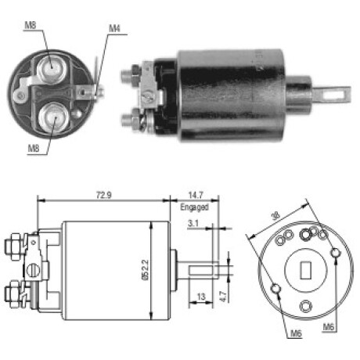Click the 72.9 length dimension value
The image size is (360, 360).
(104, 195)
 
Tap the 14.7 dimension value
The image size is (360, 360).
(196, 195)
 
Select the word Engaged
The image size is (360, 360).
(195, 207)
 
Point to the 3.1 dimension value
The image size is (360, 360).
(193, 223)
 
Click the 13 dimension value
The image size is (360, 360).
(201, 297)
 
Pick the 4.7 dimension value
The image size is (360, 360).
(224, 297)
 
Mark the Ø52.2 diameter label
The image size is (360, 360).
(146, 270)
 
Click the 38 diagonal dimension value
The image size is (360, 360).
(275, 215)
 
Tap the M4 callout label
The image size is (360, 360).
(114, 28)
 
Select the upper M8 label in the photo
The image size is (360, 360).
(31, 25)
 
